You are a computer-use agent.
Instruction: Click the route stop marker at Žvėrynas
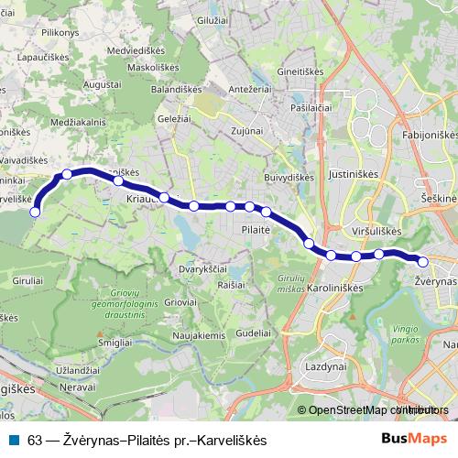click(423, 262)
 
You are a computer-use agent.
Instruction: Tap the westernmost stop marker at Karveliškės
click(36, 212)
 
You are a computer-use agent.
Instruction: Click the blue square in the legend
click(14, 438)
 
